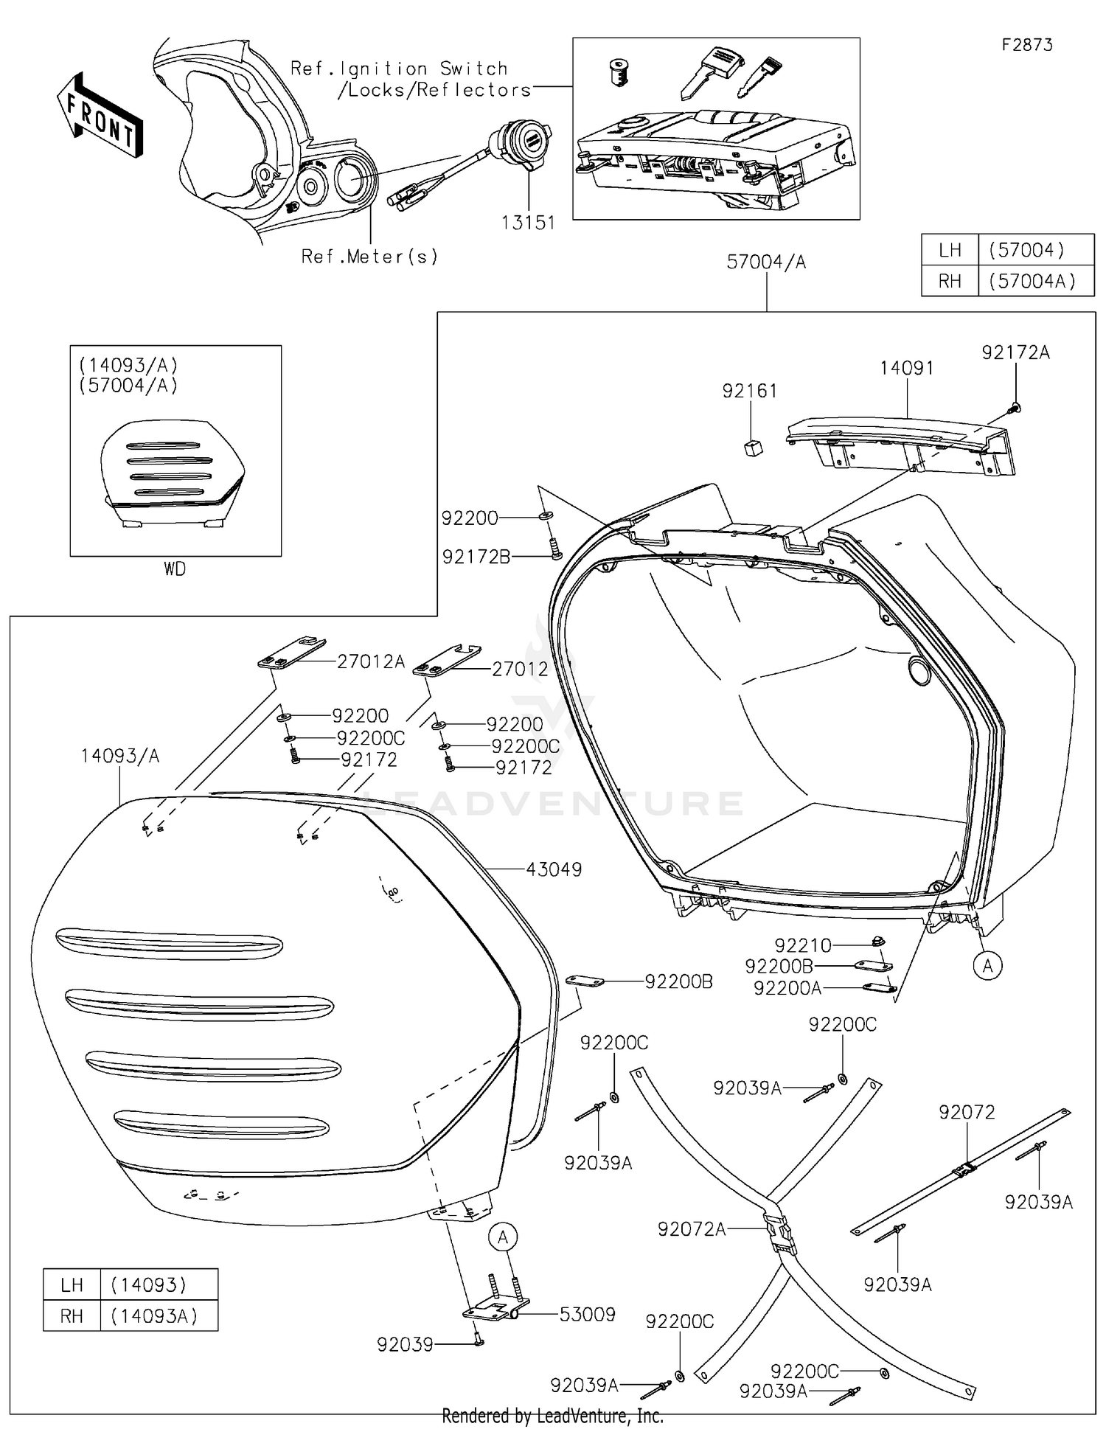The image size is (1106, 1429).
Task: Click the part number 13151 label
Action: (528, 222)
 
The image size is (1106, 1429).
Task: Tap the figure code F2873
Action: (1026, 45)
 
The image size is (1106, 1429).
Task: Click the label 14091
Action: (906, 369)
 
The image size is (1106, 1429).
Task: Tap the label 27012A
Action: (371, 661)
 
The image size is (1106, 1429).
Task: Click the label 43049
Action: (554, 869)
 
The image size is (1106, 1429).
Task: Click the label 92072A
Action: (692, 1229)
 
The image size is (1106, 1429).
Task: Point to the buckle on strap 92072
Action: (964, 1169)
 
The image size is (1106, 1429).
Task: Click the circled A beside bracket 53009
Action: (504, 1237)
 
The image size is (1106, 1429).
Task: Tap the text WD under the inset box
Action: (175, 569)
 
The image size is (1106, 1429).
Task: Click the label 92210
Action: (802, 945)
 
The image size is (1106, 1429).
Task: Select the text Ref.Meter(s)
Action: (369, 257)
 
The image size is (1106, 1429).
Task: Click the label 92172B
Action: (476, 557)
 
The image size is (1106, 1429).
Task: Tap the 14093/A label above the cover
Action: (119, 756)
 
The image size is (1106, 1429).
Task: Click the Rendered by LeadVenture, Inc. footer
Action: (552, 1416)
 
